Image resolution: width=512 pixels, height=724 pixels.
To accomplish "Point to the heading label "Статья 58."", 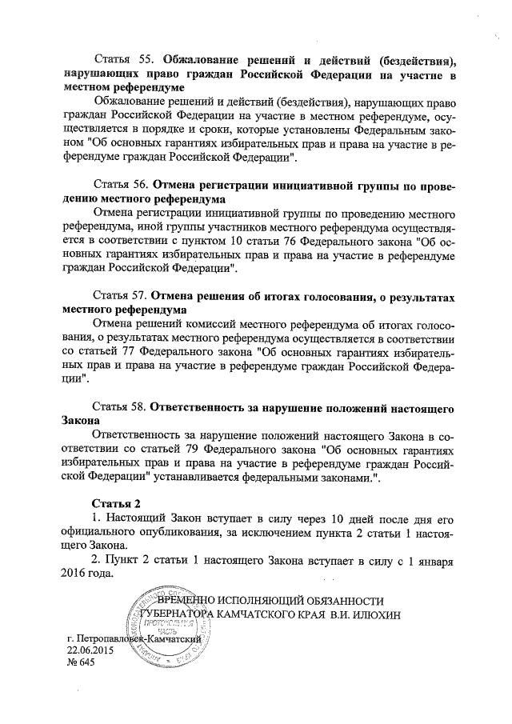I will pos(120,408).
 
